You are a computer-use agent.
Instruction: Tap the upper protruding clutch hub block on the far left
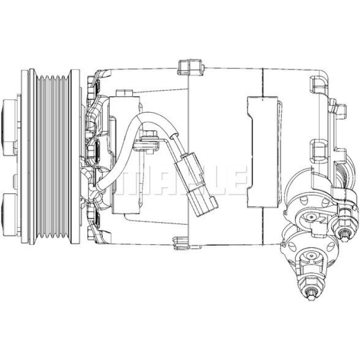pos(9,127)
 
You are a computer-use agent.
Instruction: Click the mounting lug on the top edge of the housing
pos(191,67)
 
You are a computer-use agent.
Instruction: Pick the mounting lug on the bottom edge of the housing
pos(187,243)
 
